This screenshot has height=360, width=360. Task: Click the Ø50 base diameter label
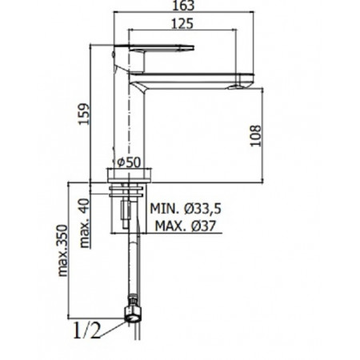click(x=129, y=162)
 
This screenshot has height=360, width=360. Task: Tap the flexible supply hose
click(x=131, y=264)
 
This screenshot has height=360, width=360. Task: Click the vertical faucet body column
click(x=128, y=120)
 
